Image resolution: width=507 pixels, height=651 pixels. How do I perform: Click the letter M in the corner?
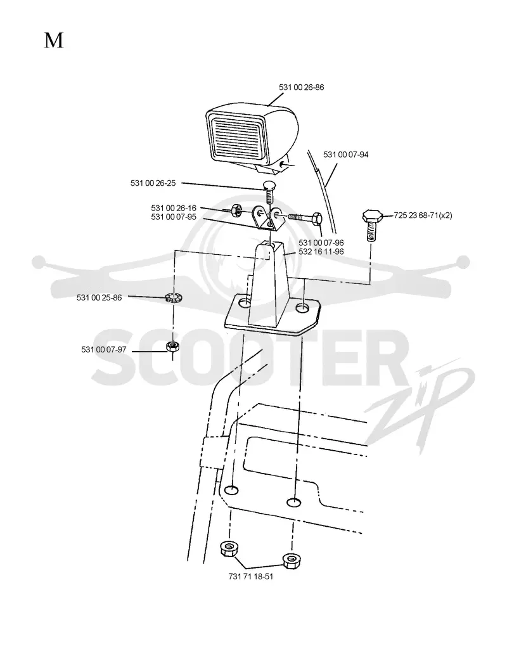(54, 41)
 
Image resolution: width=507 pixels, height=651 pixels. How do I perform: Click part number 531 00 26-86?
(302, 87)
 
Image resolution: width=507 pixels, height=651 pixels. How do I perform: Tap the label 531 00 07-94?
(346, 155)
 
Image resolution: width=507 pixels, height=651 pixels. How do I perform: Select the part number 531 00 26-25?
(153, 183)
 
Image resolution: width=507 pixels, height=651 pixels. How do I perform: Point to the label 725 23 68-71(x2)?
(423, 216)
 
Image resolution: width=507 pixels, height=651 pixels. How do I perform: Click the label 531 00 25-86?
(99, 298)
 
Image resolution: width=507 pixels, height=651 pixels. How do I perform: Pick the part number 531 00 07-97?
(104, 349)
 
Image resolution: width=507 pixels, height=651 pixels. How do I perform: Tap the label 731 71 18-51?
(251, 576)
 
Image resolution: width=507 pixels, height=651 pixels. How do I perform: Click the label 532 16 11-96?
(321, 252)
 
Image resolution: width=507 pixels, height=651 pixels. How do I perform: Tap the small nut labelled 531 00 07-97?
(172, 346)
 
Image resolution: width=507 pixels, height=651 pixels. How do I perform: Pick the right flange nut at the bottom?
(291, 560)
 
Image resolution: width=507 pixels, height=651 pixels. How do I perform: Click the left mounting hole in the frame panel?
(231, 490)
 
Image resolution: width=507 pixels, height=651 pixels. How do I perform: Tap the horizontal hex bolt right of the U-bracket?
(305, 217)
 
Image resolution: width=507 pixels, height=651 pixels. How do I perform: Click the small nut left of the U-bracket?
(236, 210)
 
